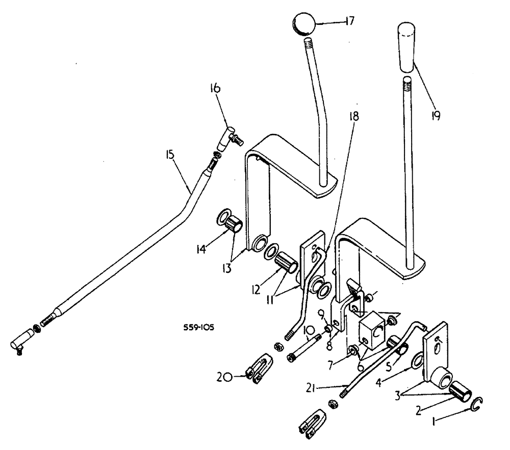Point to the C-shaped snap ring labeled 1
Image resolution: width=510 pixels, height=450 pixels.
click(x=476, y=405)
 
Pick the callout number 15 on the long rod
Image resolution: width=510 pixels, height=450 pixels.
click(x=171, y=153)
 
